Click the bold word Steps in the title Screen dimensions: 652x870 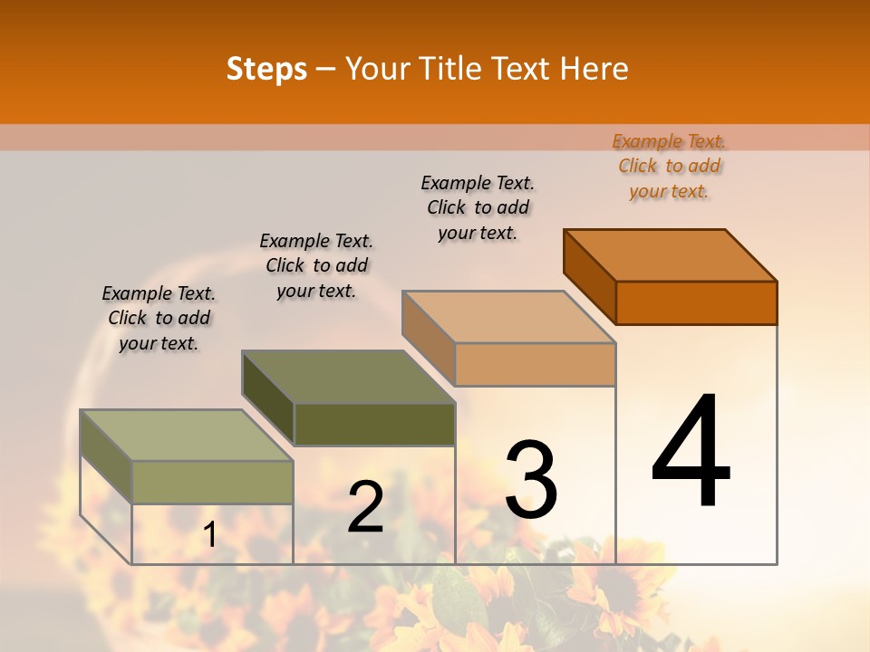point(266,69)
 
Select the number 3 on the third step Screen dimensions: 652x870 point(531,480)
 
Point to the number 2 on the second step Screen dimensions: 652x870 point(365,507)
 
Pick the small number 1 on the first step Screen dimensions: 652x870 point(209,535)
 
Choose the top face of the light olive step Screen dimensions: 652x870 point(187,436)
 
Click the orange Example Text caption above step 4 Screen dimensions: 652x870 point(669,166)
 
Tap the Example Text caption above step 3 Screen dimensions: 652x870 point(478,207)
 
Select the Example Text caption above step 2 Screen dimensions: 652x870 point(316,265)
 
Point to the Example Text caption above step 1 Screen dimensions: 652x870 point(159,318)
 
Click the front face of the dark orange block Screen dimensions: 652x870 point(696,302)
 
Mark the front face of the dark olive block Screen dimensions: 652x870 point(374,424)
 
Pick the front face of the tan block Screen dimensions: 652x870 point(535,364)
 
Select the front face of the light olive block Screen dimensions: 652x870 point(213,482)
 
